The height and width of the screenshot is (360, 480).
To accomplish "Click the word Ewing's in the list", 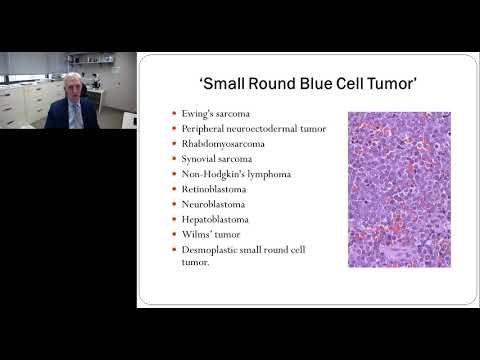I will (198, 113).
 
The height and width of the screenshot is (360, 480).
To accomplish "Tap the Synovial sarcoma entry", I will (217, 158).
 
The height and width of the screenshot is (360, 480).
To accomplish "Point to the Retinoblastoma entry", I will (212, 188).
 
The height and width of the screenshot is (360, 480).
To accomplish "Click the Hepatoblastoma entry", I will (215, 218).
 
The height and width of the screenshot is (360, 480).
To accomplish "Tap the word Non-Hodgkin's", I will (210, 173).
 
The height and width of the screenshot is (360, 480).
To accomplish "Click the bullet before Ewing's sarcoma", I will (175, 114).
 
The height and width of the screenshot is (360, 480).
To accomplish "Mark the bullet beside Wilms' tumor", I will (175, 234).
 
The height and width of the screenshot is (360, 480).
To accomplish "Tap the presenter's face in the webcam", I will (77, 88).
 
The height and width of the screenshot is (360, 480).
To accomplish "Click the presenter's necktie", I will (78, 115).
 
